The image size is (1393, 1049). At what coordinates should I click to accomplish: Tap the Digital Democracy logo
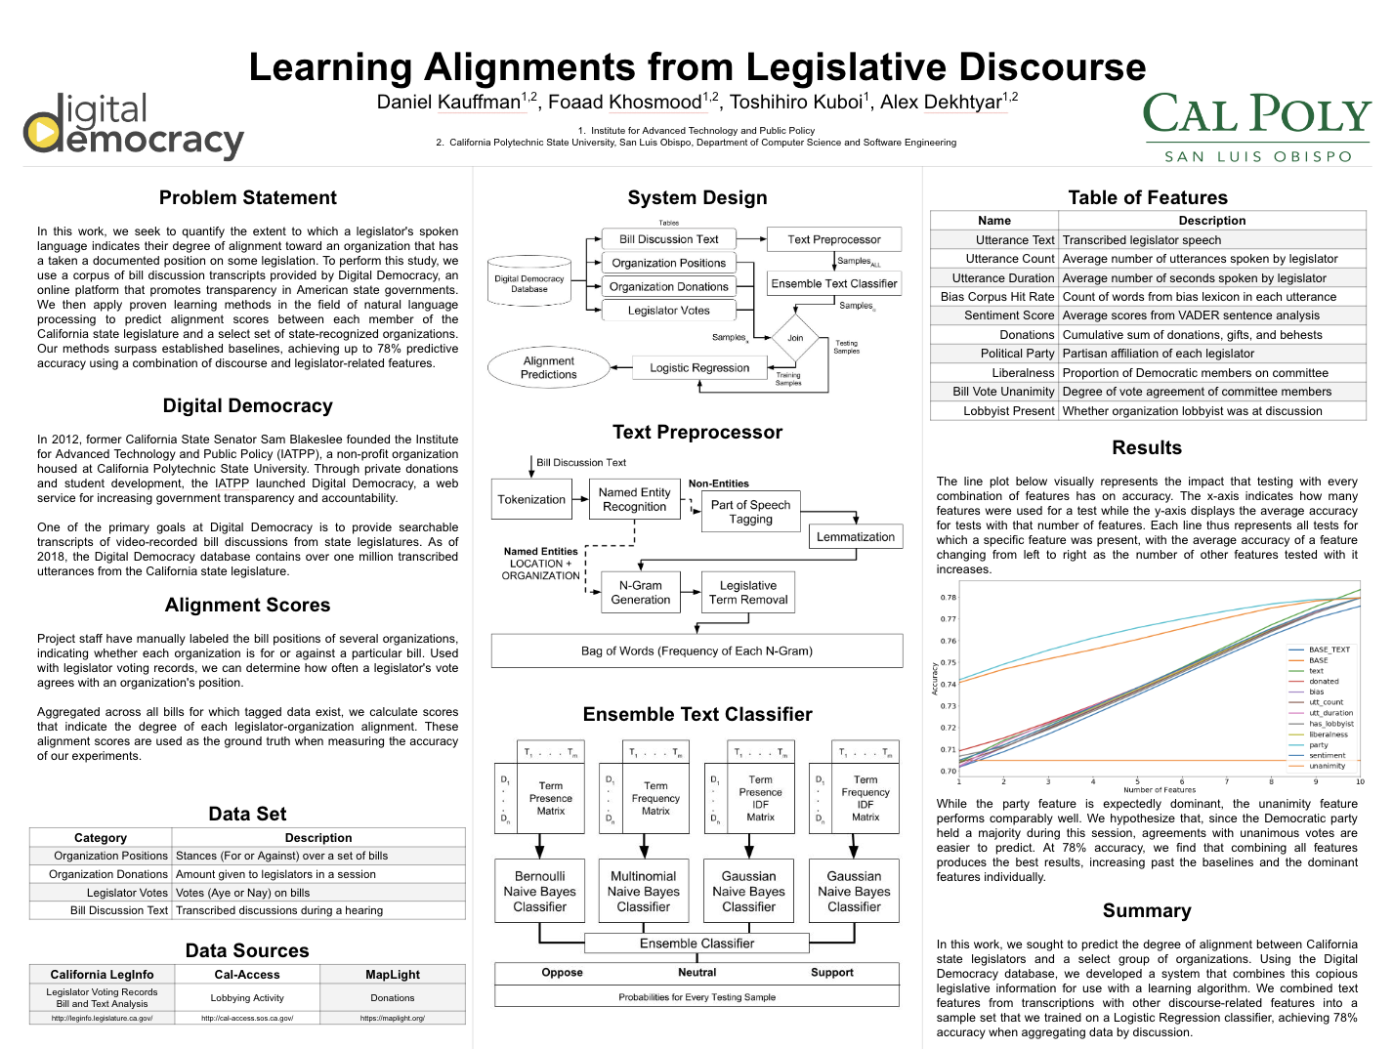point(134,126)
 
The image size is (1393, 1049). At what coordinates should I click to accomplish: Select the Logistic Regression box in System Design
point(699,368)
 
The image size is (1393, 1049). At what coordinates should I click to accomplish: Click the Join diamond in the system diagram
point(795,338)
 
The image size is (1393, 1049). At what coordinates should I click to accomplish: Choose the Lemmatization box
point(855,536)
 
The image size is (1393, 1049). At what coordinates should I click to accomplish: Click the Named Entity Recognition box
point(634,499)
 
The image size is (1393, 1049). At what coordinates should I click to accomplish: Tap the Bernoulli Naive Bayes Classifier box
point(539,892)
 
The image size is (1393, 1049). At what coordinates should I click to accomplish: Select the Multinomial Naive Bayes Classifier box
point(644,892)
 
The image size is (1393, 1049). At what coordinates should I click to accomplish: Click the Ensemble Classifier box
point(696,944)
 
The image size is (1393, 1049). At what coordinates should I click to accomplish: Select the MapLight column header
point(393,975)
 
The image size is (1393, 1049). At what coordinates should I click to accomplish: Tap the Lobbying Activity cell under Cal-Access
point(247,998)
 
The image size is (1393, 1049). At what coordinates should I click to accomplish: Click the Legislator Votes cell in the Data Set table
point(127,893)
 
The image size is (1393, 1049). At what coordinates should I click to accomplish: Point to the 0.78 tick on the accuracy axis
point(948,598)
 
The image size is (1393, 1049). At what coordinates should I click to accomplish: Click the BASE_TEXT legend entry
point(1329,650)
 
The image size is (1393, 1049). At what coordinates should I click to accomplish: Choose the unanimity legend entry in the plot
point(1327,766)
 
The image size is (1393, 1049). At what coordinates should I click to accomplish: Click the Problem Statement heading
point(248,198)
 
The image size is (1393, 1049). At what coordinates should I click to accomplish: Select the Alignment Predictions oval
point(549,368)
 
